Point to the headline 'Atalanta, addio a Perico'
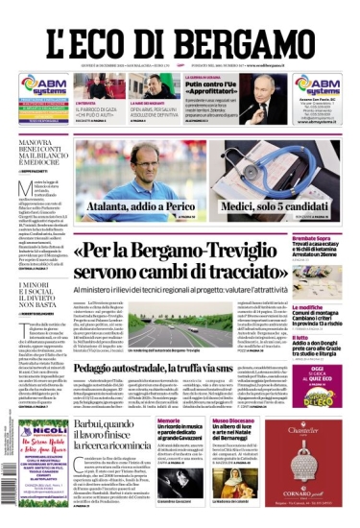(136, 204)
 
